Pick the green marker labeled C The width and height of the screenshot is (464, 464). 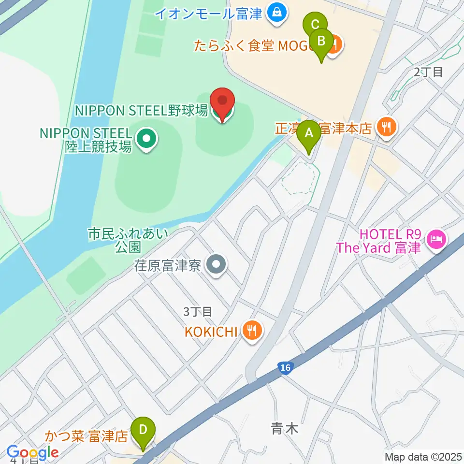pos(315,24)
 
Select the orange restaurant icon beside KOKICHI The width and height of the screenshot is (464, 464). pos(252,331)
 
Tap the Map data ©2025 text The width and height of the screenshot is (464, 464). pos(423,457)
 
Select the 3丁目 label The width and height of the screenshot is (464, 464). pos(198,312)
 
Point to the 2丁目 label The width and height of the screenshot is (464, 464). pos(428,72)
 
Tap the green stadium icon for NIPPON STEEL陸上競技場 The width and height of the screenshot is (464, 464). pos(146,139)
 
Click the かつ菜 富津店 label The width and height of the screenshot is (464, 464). pos(87,437)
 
